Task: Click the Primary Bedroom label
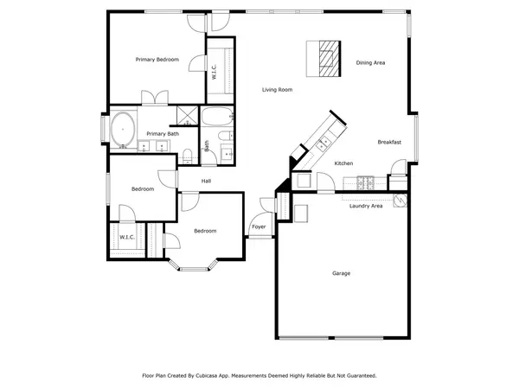coord(157,60)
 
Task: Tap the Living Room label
coord(278,90)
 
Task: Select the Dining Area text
coord(370,62)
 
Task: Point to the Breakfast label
coord(389,142)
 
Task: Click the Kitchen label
coord(343,163)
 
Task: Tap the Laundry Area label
coord(366,206)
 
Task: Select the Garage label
coord(342,273)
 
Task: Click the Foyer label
coord(259,227)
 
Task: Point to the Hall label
coord(207,181)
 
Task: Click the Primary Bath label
coord(163,134)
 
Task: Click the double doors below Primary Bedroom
coord(156,99)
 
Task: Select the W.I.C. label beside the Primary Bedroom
coord(214,73)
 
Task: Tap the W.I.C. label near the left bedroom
coord(126,237)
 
